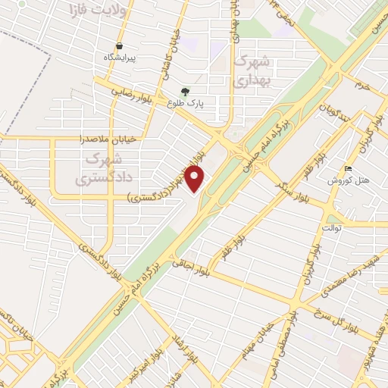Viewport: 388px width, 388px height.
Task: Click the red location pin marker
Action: point(196,178)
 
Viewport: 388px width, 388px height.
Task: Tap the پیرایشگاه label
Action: point(122,58)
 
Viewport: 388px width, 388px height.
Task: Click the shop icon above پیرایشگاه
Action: point(120,45)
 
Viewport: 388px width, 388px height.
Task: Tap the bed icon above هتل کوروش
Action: point(348,168)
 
